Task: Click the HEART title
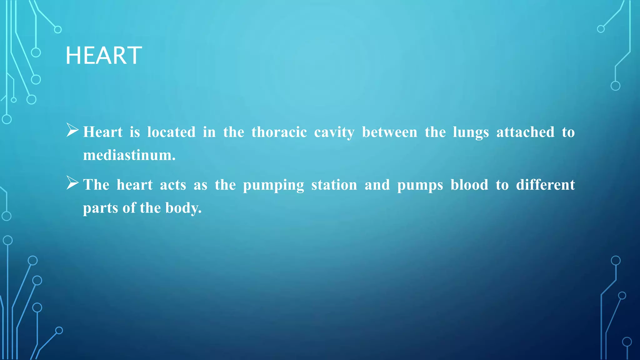[x=104, y=56]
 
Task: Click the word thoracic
[x=279, y=132]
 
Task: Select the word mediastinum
[x=129, y=155]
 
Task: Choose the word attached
[x=525, y=132]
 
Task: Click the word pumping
[x=273, y=185]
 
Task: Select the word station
[x=334, y=185]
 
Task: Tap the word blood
[x=469, y=185]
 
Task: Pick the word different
[x=545, y=185]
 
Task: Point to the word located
[x=171, y=132]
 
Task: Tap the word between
[x=389, y=132]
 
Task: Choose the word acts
[x=173, y=185]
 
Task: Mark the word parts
[x=100, y=208]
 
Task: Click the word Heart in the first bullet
[x=103, y=132]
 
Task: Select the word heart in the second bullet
[x=135, y=185]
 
